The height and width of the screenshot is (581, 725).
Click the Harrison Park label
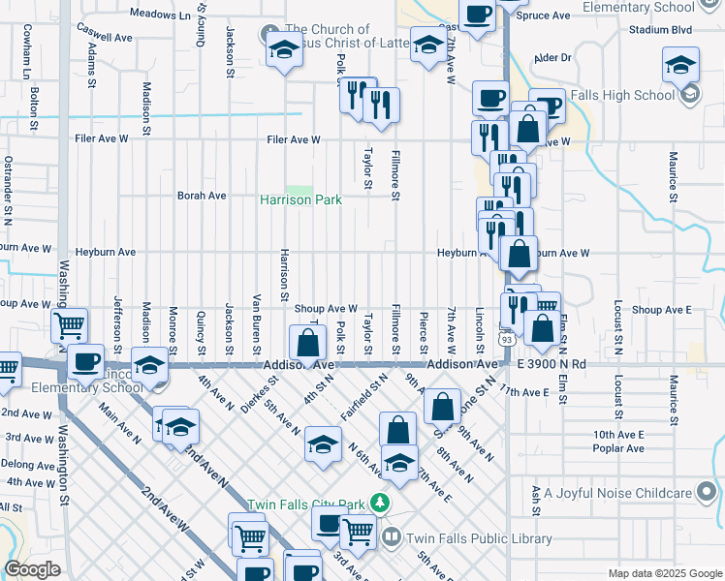[x=300, y=199]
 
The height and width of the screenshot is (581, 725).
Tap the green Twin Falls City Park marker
[x=381, y=504]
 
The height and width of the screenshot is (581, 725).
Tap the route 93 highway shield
[x=507, y=339]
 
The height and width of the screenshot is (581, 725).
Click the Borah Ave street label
[x=202, y=196]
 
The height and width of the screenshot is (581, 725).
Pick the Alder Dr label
[x=553, y=58]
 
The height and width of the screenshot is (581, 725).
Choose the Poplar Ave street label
[x=619, y=449]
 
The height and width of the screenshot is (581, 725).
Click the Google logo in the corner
[x=32, y=569]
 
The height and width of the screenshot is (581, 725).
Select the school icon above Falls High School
[x=681, y=66]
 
